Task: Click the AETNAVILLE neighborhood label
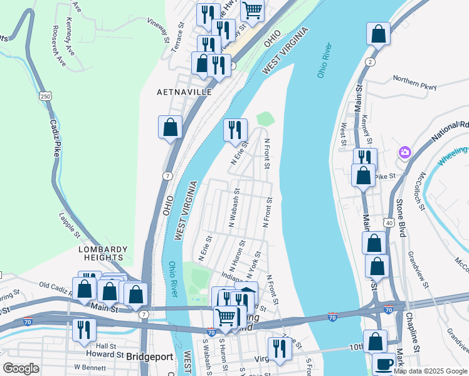pyautogui.click(x=184, y=91)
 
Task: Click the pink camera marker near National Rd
pyautogui.click(x=405, y=152)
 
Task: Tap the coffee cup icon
pyautogui.click(x=384, y=364)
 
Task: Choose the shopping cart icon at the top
pyautogui.click(x=252, y=10)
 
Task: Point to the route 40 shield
pyautogui.click(x=389, y=222)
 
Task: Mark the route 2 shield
pyautogui.click(x=371, y=61)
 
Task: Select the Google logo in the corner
pyautogui.click(x=21, y=368)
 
